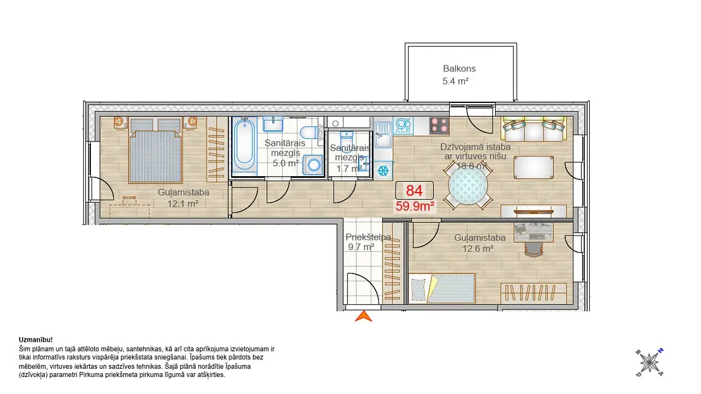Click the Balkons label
[459, 68]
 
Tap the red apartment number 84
[414, 191]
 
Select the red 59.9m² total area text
[416, 206]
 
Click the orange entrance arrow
[364, 316]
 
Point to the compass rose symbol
[649, 362]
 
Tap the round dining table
[467, 186]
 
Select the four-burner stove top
[439, 126]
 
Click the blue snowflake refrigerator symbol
[383, 170]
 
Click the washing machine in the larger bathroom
[314, 165]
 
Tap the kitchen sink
[383, 134]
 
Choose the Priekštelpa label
[368, 237]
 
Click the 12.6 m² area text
[477, 249]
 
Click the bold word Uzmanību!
[36, 340]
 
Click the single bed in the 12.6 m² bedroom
[441, 289]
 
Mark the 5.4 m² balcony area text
[455, 81]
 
